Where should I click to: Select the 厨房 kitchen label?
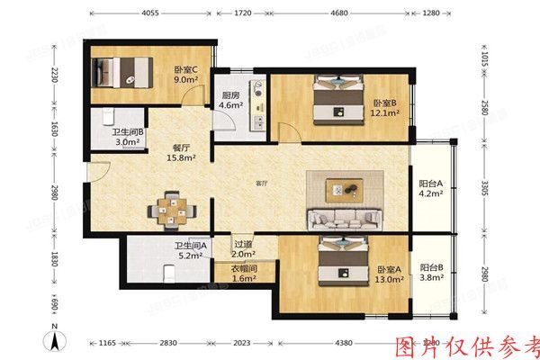pos(229,95)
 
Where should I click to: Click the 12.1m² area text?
pos(385,114)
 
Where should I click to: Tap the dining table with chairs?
pos(172,207)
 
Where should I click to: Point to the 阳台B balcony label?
pos(431,266)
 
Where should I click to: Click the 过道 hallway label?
pos(244,244)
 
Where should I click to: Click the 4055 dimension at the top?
pos(150,13)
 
